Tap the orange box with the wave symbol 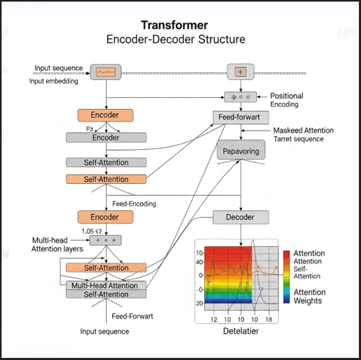click(106, 72)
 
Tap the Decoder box click(240, 217)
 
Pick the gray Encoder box click(106, 138)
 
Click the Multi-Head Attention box click(106, 285)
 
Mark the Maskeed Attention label click(303, 130)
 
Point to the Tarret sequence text click(298, 139)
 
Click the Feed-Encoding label click(134, 203)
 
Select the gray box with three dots click(106, 240)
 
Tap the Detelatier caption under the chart click(240, 331)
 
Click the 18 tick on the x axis click(268, 320)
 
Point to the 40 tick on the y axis click(200, 263)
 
